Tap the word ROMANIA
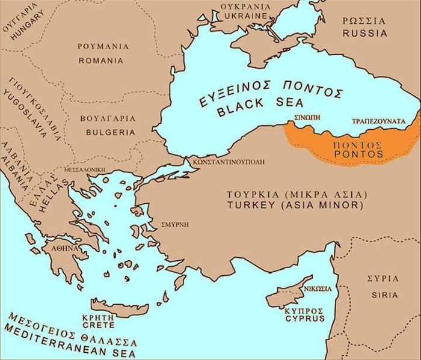(x=100, y=61)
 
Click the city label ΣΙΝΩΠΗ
(x=302, y=120)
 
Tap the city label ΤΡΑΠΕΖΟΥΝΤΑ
(x=377, y=121)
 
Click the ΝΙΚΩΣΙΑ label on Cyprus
(x=315, y=287)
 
